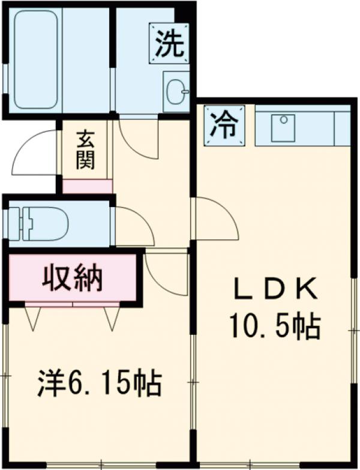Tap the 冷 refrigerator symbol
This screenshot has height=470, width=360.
click(x=224, y=126)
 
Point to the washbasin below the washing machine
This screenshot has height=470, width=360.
click(x=176, y=92)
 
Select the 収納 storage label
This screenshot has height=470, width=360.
click(x=72, y=278)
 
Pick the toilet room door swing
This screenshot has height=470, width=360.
click(x=133, y=225)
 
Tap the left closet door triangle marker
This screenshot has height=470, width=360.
click(x=33, y=317)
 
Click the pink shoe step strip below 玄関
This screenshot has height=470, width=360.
click(x=88, y=186)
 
